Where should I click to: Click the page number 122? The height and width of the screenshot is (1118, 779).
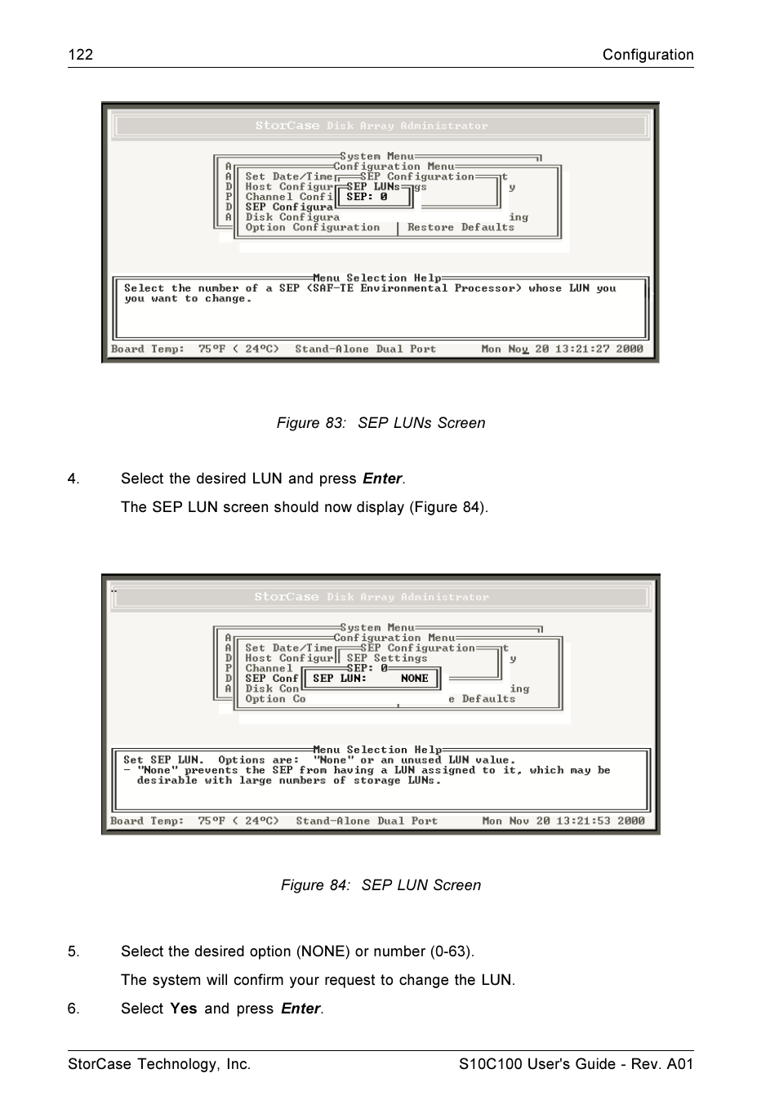pos(80,55)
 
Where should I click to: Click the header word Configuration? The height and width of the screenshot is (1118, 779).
pos(648,55)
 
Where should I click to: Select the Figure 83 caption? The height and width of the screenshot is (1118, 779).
pos(381,423)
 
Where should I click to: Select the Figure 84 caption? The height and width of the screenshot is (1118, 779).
pos(381,885)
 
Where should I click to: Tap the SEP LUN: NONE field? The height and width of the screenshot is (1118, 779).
pos(371,679)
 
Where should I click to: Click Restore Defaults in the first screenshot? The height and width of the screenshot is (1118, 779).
pos(461,228)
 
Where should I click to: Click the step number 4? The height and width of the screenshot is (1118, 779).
pos(73,479)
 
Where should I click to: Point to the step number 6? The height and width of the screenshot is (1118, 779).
pos(73,1009)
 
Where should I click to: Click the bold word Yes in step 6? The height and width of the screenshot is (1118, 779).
pos(184,1009)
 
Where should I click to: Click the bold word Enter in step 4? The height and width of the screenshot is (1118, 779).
pos(382,479)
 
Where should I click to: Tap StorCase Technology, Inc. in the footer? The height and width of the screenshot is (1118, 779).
pos(159,1064)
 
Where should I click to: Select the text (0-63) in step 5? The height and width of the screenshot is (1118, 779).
pos(448,951)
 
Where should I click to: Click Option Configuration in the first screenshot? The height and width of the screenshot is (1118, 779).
pos(313,228)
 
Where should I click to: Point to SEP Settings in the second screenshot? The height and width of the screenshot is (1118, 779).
pos(386,658)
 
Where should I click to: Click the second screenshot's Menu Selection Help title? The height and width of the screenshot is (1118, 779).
pos(377,750)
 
